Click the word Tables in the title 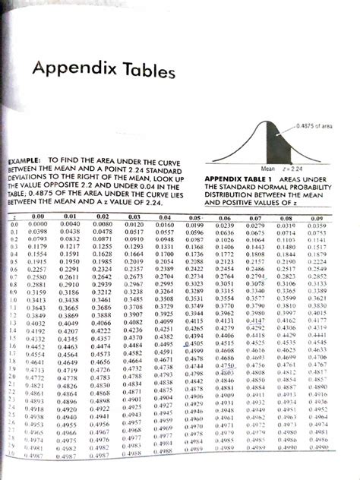tap(145, 71)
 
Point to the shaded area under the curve tap(262, 149)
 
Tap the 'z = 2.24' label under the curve tap(292, 168)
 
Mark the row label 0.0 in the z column tap(13, 226)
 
